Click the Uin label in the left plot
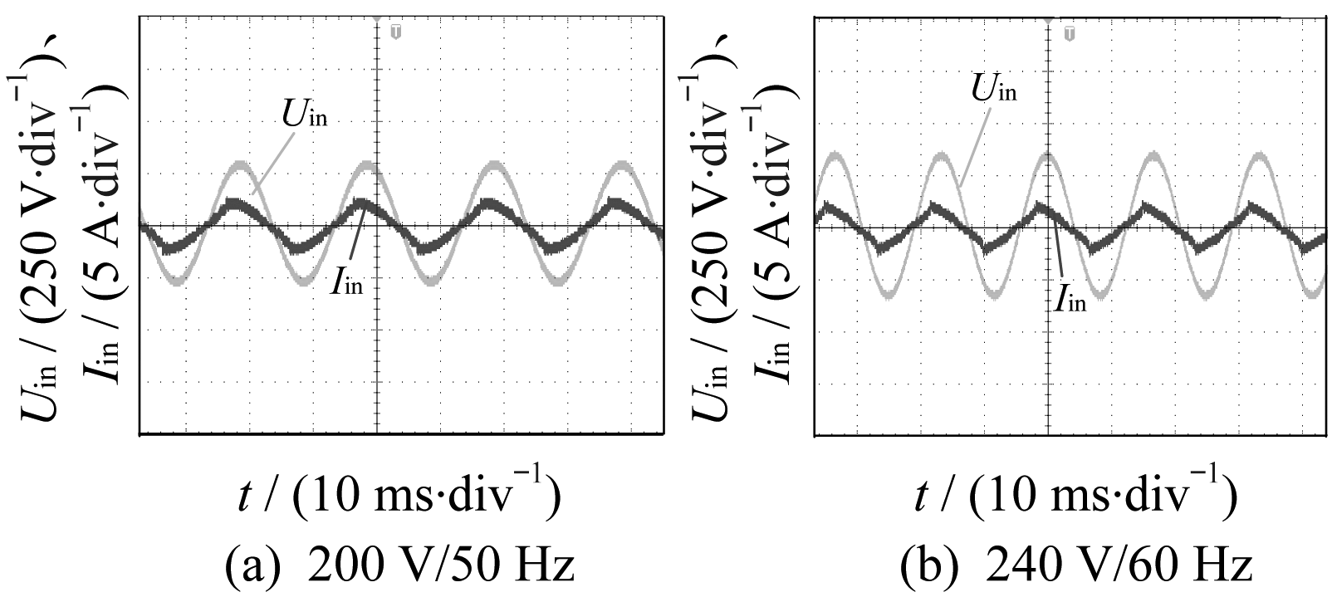[x=306, y=115]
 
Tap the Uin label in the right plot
[x=994, y=88]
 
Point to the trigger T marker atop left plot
[x=395, y=32]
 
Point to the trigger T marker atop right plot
[x=1070, y=32]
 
